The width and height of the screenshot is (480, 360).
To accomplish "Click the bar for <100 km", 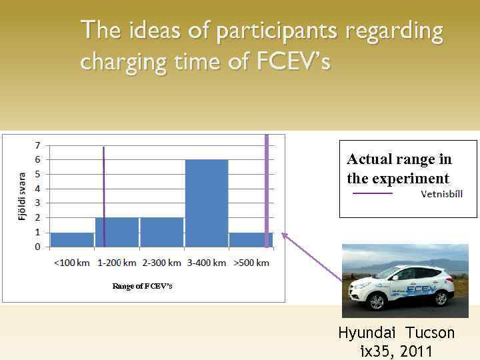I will [72, 239].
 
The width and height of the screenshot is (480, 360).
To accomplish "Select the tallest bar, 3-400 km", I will [207, 203].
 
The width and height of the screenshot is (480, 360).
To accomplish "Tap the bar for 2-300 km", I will [161, 232].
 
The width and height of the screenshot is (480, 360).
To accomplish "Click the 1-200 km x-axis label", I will [117, 263].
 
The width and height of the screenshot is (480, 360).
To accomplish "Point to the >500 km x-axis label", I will [251, 263].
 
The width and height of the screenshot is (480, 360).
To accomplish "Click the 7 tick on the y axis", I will [37, 145].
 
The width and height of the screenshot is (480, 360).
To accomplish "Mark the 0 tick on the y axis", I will [37, 247].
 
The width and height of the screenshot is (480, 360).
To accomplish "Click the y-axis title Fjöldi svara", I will [22, 195].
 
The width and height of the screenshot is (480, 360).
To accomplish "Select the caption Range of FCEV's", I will [142, 286].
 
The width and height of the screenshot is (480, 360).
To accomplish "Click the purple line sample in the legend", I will [372, 194].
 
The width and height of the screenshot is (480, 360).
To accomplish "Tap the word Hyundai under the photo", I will [369, 333].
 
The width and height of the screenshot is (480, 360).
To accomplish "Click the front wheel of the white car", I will [377, 302].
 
